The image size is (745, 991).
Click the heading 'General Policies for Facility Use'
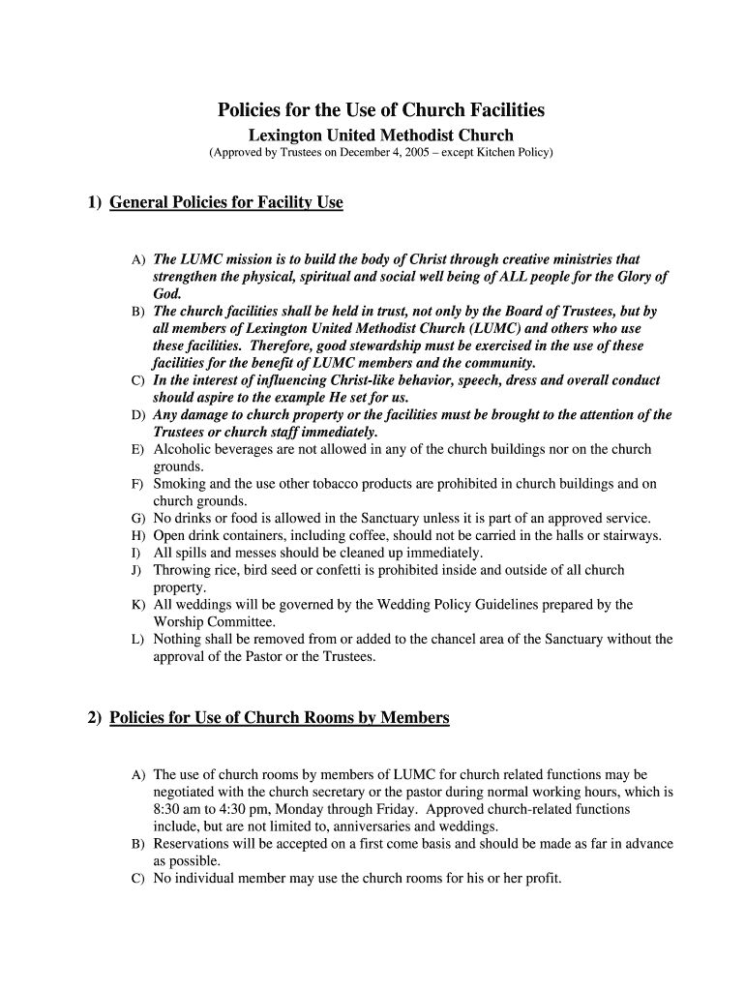pos(226,202)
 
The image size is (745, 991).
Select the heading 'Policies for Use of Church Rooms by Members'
pos(280,718)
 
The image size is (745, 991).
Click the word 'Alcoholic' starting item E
pos(185,449)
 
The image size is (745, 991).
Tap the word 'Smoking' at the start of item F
pos(179,484)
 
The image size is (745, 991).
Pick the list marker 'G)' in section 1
pos(138,519)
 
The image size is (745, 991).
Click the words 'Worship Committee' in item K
pos(214,622)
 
